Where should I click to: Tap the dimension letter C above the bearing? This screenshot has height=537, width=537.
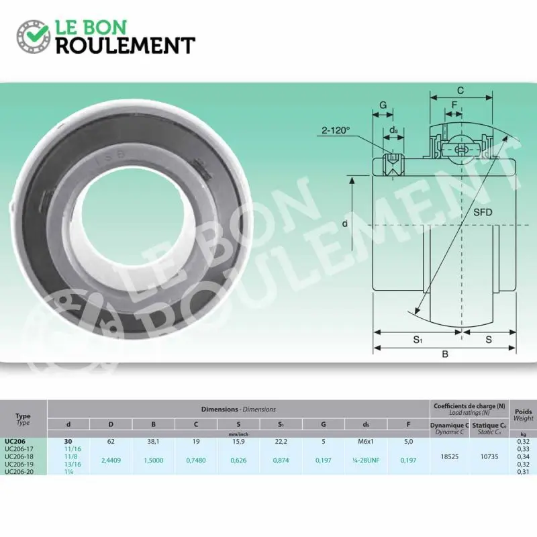click(460, 91)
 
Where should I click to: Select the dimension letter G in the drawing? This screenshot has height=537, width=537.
click(383, 105)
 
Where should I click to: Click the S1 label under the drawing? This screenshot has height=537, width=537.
click(417, 340)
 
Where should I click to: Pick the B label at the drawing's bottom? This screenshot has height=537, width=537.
click(444, 355)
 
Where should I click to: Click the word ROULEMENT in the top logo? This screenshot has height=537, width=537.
click(125, 45)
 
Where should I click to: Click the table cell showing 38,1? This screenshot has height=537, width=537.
click(154, 441)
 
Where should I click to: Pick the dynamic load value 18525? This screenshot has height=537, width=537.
click(449, 456)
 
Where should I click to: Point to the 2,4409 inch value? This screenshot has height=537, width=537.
click(111, 460)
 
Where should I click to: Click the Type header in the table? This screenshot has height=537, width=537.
click(23, 416)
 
